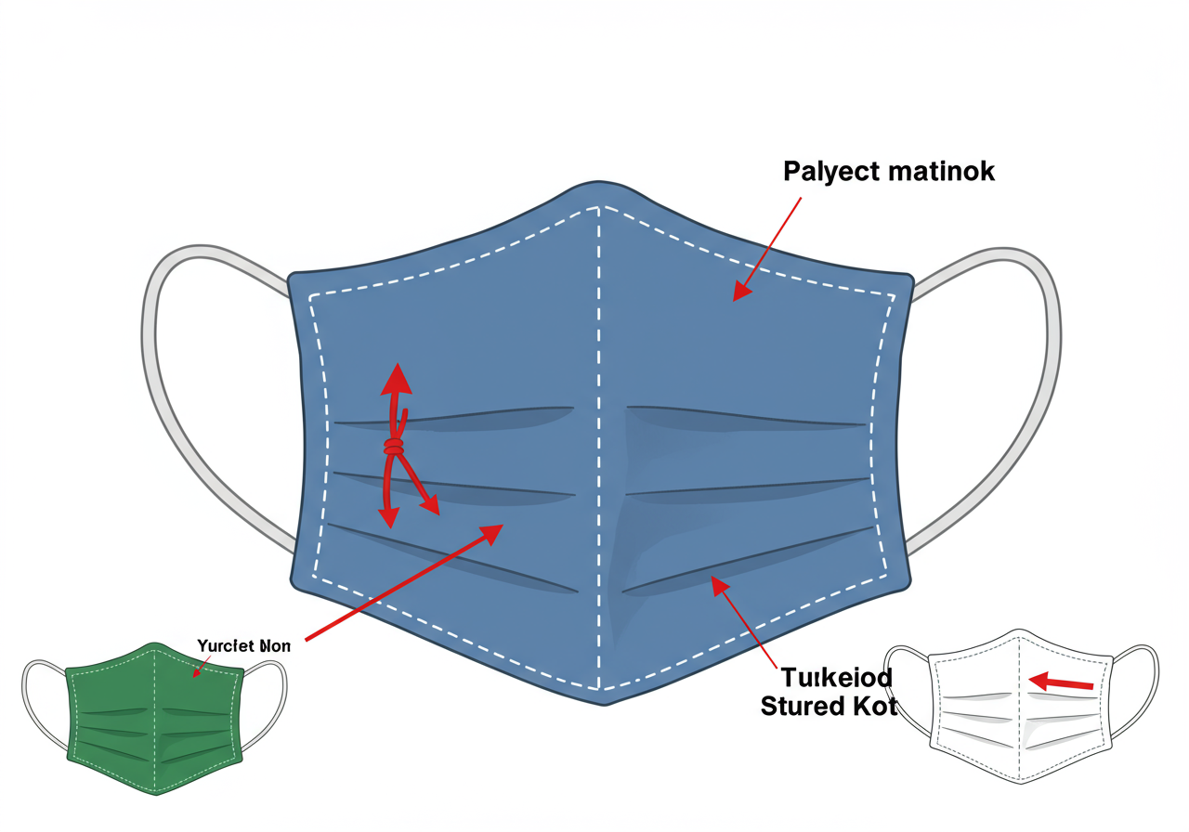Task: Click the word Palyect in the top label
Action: (x=829, y=172)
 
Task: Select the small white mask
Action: (x=1021, y=706)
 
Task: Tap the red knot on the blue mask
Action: (x=394, y=448)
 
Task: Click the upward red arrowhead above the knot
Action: (x=398, y=378)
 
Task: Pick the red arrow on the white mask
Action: (x=1062, y=682)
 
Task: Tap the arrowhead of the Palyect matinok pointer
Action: (x=741, y=292)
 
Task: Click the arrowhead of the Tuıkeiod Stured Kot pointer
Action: (x=716, y=582)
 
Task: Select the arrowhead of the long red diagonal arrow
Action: (x=490, y=532)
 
